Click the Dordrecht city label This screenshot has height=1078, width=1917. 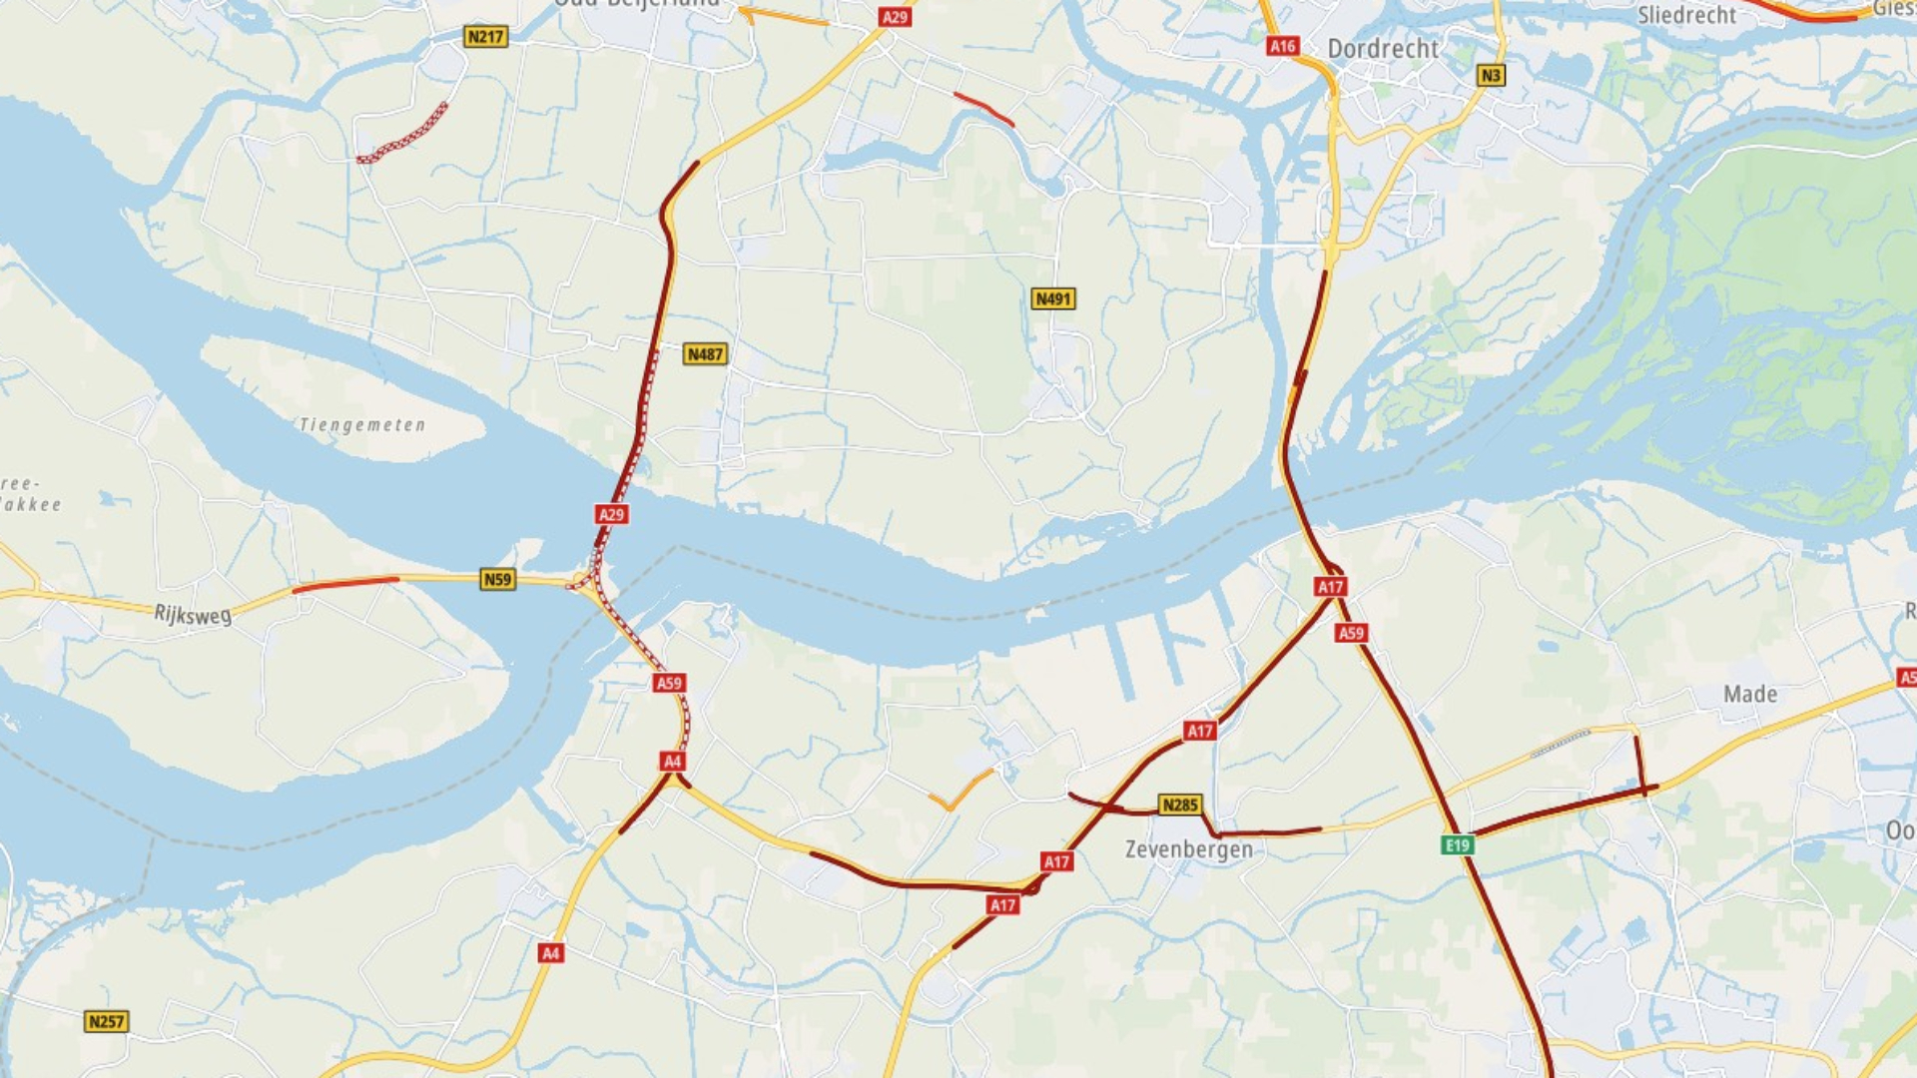point(1382,49)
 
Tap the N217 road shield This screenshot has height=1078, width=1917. point(486,37)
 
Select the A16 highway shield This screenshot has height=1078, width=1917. point(1282,46)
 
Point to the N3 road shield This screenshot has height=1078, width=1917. point(1490,75)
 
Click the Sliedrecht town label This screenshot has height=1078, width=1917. point(1686,15)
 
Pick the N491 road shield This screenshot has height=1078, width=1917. point(1053,298)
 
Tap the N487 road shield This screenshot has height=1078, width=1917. point(705,354)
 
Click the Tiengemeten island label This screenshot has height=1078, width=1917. point(362,425)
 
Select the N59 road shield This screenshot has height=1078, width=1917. point(497,579)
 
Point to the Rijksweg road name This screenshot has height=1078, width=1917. point(193,614)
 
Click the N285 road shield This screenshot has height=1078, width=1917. point(1179,805)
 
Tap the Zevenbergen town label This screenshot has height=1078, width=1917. point(1188,849)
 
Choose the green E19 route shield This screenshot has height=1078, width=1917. point(1458,845)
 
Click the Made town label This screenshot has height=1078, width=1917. point(1749,694)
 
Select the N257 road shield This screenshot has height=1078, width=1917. point(106,1021)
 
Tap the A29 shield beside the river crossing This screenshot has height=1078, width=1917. point(611,514)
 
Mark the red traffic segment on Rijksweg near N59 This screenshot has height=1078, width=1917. point(345,583)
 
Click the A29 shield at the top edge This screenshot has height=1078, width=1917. point(895,17)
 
